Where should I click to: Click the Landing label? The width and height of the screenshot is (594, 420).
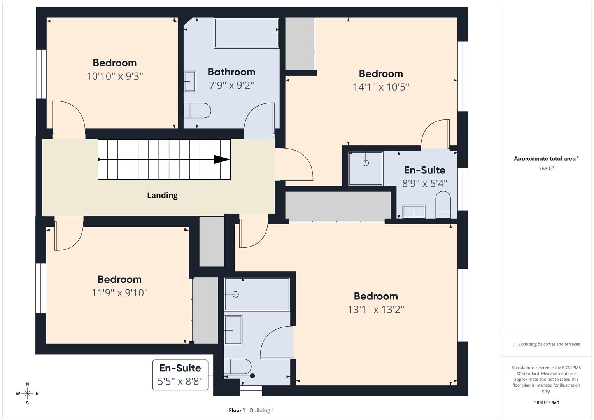(x=162, y=195)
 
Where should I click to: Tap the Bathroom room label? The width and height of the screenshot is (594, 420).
(x=231, y=72)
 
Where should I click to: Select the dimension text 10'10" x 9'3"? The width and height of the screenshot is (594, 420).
(x=115, y=76)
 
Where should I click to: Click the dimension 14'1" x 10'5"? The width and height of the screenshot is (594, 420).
(x=381, y=87)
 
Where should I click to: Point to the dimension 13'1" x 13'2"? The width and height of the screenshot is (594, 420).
(x=376, y=310)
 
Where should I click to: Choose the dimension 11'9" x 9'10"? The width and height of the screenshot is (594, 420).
(x=119, y=292)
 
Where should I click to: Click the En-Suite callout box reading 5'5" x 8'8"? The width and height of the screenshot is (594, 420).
(x=180, y=375)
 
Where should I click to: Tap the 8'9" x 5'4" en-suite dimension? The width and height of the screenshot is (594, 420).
(x=424, y=183)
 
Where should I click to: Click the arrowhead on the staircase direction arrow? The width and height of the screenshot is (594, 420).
(x=222, y=159)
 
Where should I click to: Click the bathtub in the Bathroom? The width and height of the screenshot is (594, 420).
(x=246, y=33)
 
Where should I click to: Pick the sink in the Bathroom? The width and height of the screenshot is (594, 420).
(x=190, y=81)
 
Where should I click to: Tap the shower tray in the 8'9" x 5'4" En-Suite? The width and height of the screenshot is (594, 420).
(x=366, y=168)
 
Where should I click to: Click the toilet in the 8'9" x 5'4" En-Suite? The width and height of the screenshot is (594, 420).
(x=443, y=205)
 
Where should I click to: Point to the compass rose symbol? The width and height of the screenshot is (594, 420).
(x=27, y=394)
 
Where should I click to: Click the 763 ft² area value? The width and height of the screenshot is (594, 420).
(x=546, y=169)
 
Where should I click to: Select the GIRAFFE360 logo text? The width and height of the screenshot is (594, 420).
(x=546, y=403)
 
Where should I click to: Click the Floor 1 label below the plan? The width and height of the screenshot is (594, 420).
(x=237, y=410)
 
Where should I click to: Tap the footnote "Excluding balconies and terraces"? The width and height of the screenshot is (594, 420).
(x=546, y=344)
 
